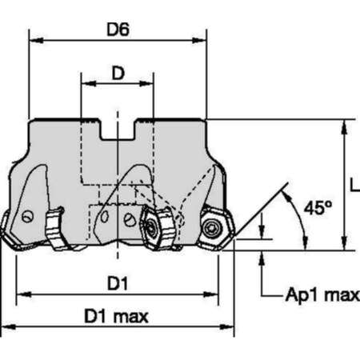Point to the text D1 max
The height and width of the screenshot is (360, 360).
118,317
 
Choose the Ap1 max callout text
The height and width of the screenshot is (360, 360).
322,295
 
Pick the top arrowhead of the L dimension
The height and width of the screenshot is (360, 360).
345,125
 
